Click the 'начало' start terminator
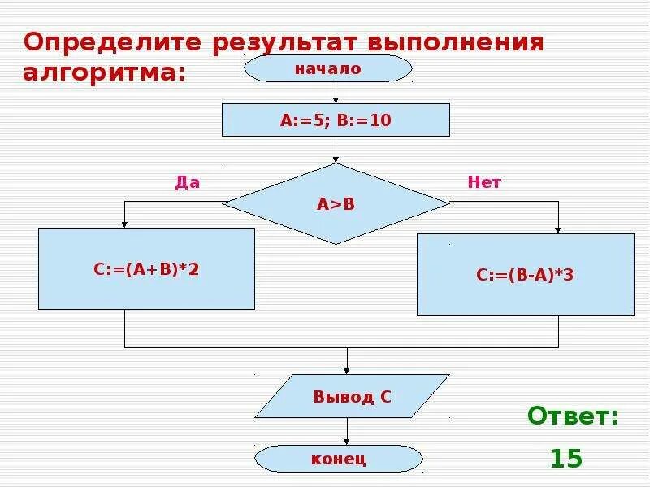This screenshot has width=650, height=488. (328, 69)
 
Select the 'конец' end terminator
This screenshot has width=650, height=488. (339, 459)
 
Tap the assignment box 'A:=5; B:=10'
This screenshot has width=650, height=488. (336, 120)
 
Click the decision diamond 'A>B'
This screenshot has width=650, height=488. (336, 203)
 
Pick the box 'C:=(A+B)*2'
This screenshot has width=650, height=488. (146, 268)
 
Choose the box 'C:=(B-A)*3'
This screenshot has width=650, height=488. (525, 275)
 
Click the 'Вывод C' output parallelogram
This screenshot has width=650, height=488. (353, 397)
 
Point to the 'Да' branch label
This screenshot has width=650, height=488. (188, 183)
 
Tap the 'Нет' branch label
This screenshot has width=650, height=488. (484, 183)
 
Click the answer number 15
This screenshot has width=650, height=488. (566, 459)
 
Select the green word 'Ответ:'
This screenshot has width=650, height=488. (573, 417)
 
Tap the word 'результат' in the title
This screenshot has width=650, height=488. (284, 42)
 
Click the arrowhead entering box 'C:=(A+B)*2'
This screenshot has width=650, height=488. (124, 224)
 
